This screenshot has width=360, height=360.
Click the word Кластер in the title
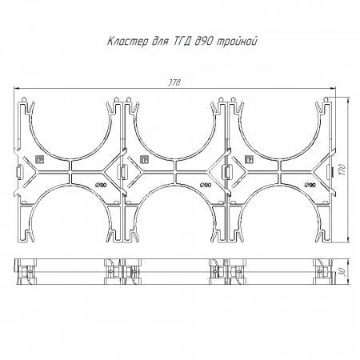click(x=127, y=42)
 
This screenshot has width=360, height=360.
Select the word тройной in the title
click(x=237, y=42)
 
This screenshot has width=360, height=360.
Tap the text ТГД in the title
click(x=182, y=42)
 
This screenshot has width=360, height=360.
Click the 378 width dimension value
click(x=174, y=82)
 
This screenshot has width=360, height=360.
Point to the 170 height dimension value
click(x=343, y=170)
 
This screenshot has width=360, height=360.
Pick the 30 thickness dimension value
click(x=343, y=272)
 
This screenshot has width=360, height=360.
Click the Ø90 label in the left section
click(x=101, y=185)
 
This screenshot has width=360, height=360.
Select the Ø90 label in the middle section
click(x=206, y=185)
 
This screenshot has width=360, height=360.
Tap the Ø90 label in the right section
click(x=310, y=185)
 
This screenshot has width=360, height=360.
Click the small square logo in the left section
click(x=40, y=160)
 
